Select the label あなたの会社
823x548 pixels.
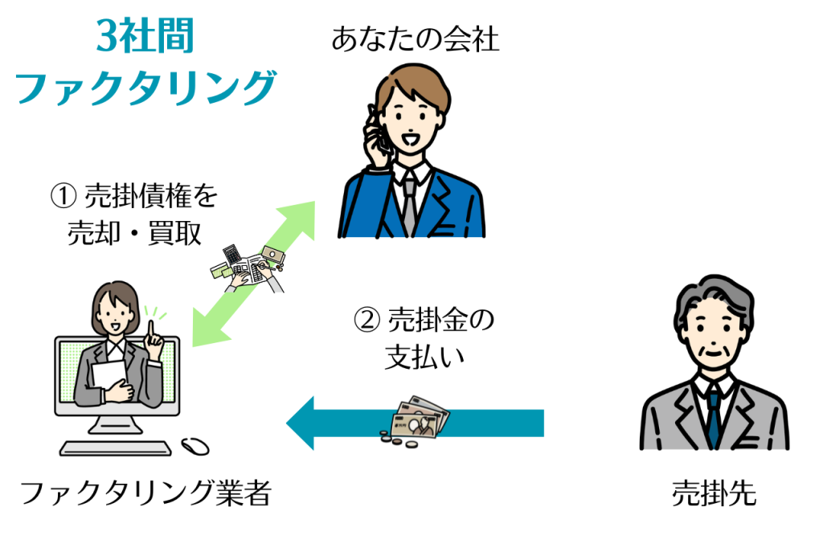click(415, 39)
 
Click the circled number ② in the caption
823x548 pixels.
click(366, 321)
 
